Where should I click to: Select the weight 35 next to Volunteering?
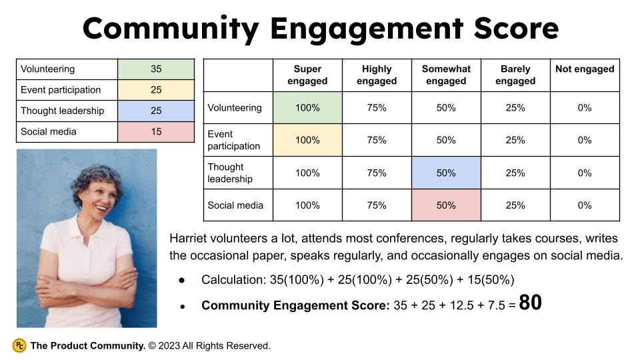156,69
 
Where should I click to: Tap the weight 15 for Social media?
156,131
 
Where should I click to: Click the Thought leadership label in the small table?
62,111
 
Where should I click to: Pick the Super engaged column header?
307,75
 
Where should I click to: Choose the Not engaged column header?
585,69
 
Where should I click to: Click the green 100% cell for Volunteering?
307,107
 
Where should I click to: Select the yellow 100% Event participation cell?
307,140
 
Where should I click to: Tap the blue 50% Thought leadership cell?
446,173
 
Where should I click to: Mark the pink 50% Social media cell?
446,205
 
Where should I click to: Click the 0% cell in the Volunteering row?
585,107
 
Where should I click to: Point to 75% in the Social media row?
377,205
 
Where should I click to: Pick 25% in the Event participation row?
515,140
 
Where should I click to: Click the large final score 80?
530,303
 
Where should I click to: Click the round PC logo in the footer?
19,345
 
